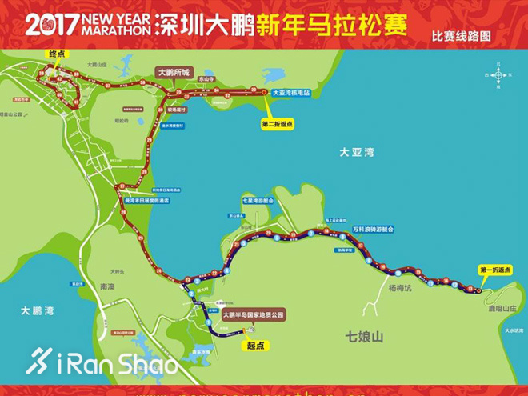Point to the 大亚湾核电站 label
click(x=297, y=93)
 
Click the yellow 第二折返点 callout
click(x=278, y=124)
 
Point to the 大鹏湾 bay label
click(x=37, y=310)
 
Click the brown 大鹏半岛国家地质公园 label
click(x=253, y=315)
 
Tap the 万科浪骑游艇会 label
click(x=374, y=229)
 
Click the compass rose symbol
click(x=498, y=74)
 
